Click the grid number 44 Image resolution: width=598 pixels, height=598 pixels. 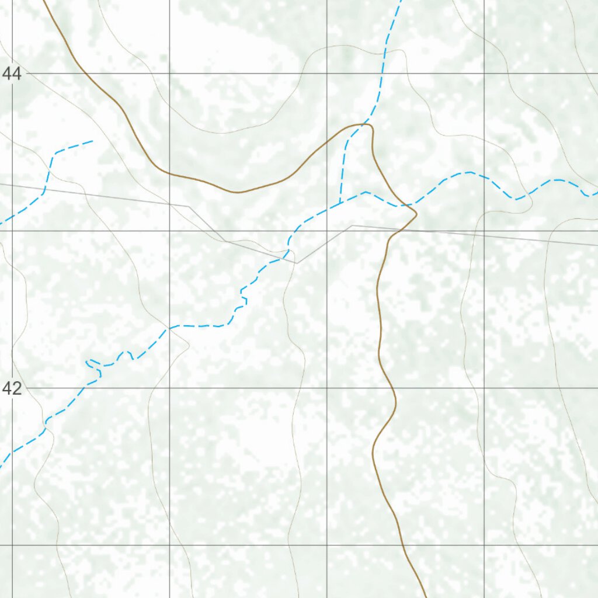12,74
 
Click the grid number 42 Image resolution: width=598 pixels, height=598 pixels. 12,388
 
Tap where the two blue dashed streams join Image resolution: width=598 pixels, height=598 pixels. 340,203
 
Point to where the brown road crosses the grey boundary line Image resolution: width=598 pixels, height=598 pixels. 397,230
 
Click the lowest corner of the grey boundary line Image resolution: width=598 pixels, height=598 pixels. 297,263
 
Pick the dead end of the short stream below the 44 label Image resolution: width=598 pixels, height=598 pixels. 92,141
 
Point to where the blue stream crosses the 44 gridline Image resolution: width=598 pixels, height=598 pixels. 380,74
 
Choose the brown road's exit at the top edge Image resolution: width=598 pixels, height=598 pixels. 44,2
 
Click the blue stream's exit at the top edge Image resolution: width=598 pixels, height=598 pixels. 400,2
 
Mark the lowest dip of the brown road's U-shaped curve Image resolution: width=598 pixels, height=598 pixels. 237,192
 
